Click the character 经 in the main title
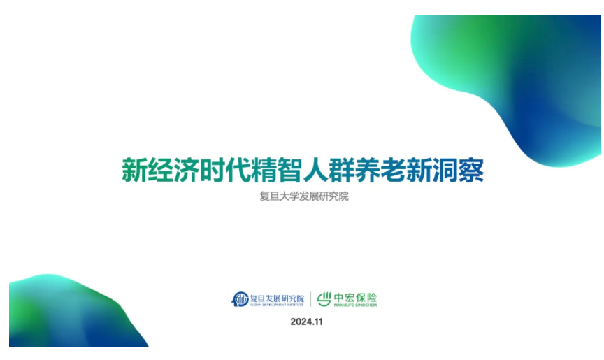(160, 170)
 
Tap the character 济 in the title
(186, 170)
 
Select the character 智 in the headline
(289, 170)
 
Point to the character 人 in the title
(315, 170)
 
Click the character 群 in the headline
(341, 170)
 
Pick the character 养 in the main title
(367, 170)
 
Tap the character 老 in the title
(392, 170)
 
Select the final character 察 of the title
(470, 170)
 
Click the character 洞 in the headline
(445, 170)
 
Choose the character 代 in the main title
(238, 170)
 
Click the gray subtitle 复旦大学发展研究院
(304, 196)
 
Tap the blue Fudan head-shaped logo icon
(240, 299)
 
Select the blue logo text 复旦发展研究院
(277, 298)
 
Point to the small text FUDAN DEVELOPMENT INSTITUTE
(277, 305)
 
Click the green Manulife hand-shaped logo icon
(324, 299)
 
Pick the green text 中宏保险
(355, 298)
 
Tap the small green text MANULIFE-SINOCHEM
(355, 305)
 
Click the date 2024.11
(307, 322)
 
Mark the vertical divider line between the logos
(310, 299)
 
